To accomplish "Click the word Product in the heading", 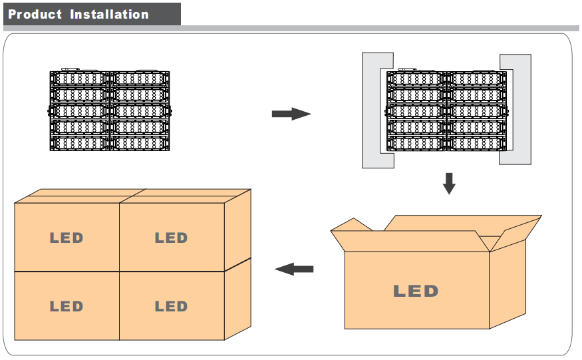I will (35, 15).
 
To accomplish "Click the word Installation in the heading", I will (109, 15).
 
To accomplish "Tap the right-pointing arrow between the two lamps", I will (291, 114).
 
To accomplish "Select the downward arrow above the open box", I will (450, 182).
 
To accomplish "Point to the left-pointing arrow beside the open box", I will (294, 269).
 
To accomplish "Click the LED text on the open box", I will (416, 291).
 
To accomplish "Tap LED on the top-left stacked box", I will (67, 238).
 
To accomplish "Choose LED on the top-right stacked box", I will (171, 238).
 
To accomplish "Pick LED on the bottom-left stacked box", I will (67, 307).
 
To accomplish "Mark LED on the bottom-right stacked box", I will (171, 307).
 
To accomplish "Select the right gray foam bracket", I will (523, 110).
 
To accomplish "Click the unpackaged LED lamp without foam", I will (110, 110).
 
